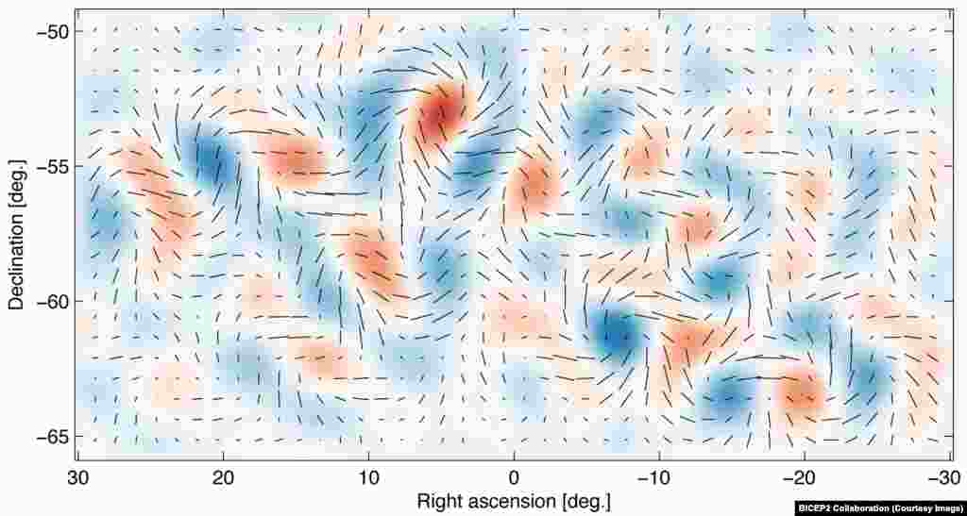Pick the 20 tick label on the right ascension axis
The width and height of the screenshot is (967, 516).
[x=224, y=478]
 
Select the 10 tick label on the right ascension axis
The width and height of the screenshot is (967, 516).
[x=368, y=478]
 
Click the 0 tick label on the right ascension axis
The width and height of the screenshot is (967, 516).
[x=513, y=478]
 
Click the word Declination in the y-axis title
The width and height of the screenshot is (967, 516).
[x=17, y=216]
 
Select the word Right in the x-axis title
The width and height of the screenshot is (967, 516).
[x=437, y=499]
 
